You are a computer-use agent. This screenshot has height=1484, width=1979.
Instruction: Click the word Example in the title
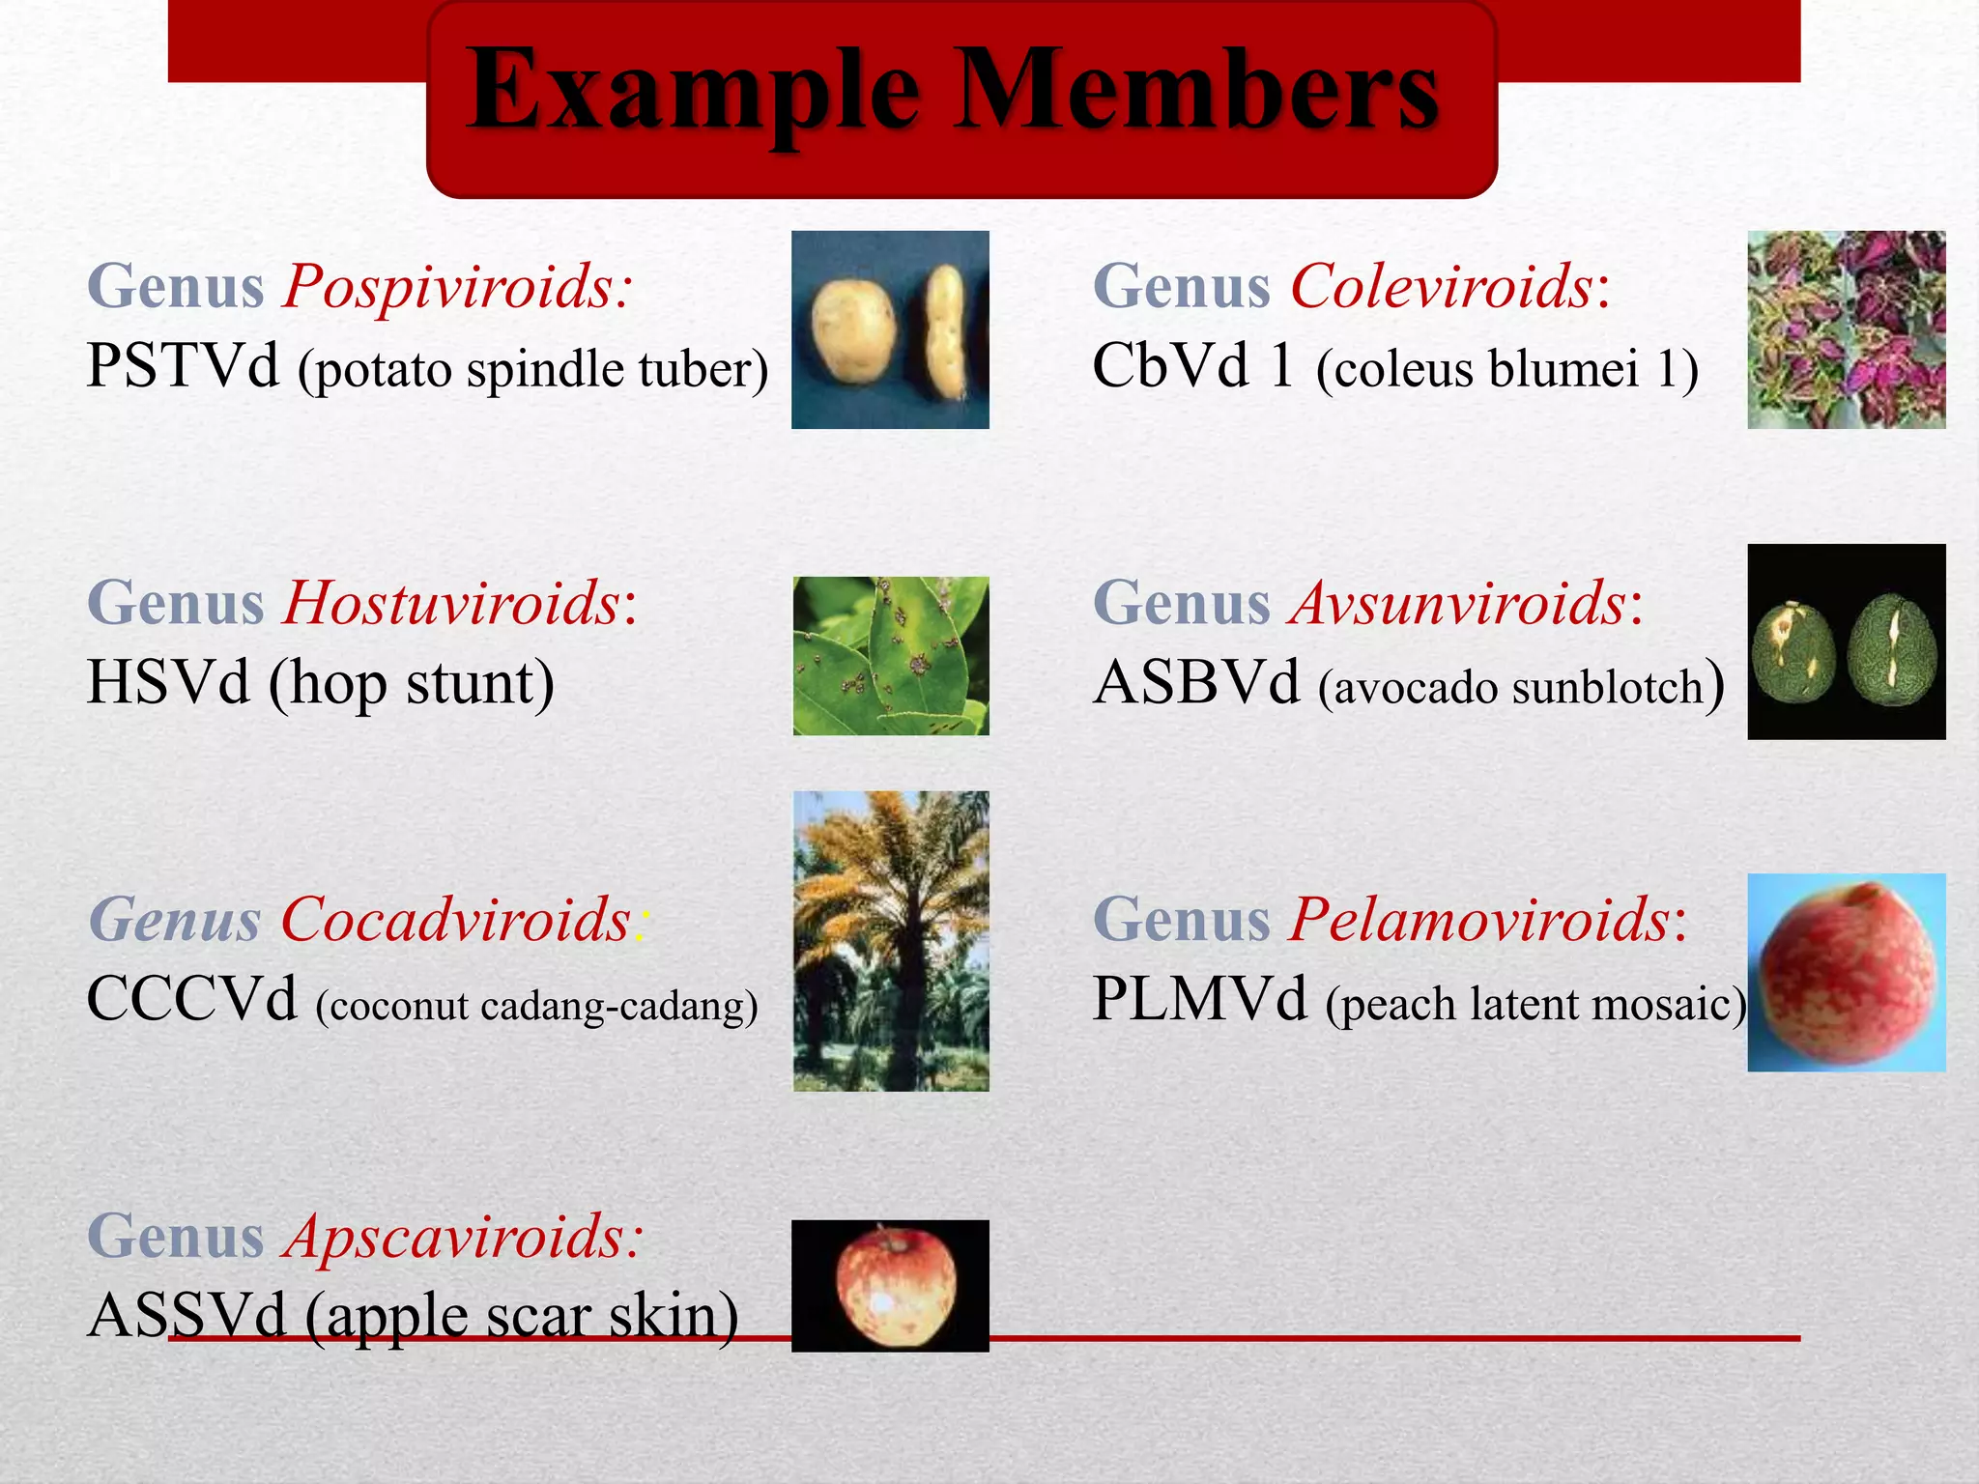tap(692, 92)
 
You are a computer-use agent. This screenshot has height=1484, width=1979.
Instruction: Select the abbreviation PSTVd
tap(183, 366)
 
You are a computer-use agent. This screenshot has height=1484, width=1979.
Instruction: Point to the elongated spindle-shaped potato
tap(944, 332)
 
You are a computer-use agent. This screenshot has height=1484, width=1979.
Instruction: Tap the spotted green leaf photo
tap(890, 656)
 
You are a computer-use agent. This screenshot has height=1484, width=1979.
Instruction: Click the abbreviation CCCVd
tap(191, 999)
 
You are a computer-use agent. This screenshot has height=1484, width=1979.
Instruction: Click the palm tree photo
tap(890, 940)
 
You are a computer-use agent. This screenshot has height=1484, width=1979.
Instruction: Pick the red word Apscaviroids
tap(462, 1236)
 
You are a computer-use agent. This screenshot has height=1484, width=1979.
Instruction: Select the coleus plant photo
tap(1846, 329)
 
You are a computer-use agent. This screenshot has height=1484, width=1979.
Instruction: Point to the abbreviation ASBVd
tap(1196, 682)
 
